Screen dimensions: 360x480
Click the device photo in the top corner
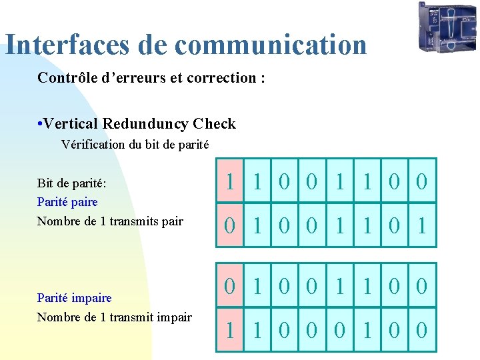point(447,27)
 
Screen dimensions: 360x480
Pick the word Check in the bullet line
point(214,124)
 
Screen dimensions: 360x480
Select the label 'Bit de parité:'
point(72,182)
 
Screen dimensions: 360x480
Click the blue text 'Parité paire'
point(67,201)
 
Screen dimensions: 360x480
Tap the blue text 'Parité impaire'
point(74,298)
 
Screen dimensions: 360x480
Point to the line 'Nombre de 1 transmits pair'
point(110,221)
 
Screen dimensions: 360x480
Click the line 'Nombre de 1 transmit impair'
point(114,317)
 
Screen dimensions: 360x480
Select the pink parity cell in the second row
point(229,225)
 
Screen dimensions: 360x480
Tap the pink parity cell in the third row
point(229,286)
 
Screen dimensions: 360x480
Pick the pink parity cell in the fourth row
point(229,329)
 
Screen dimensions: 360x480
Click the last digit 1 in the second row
point(421,225)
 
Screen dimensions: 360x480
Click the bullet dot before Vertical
point(41,125)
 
